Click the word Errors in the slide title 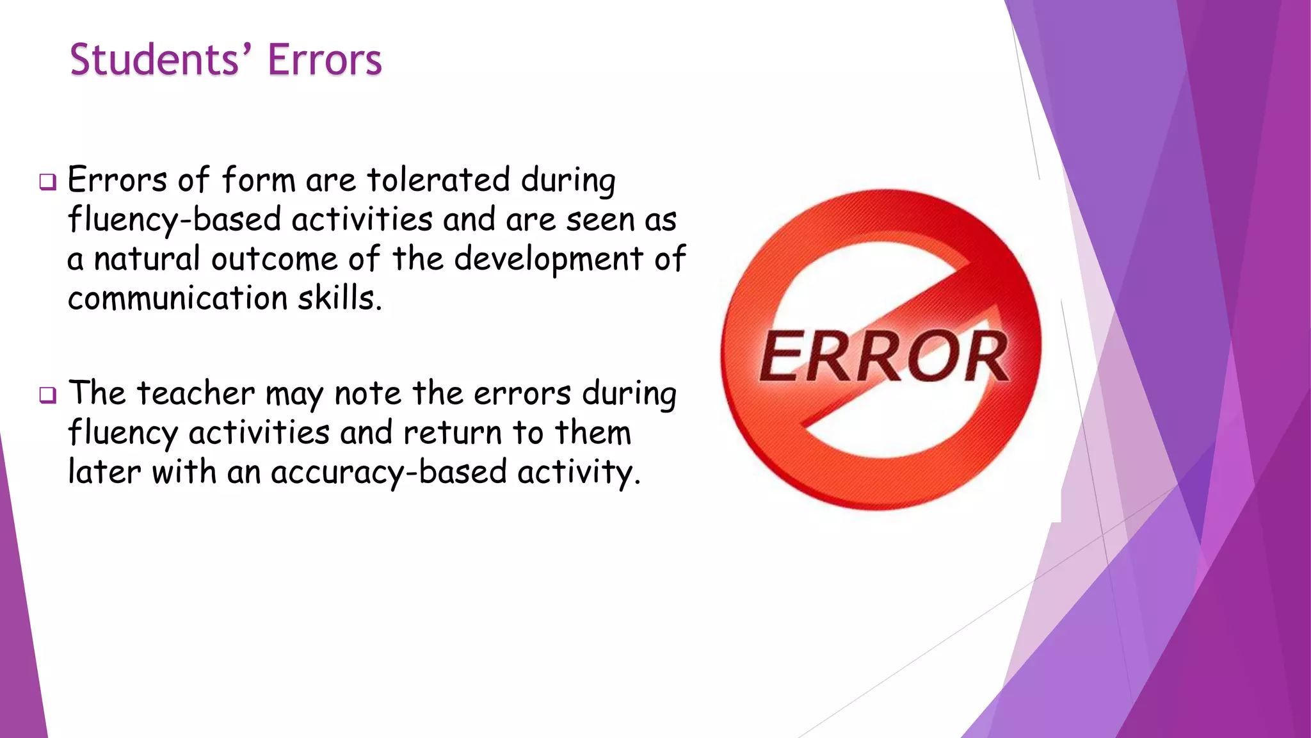(325, 60)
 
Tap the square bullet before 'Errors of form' (47, 182)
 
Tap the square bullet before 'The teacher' (47, 395)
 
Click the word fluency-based (175, 220)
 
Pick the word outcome (274, 259)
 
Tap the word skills (339, 299)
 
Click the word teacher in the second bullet (195, 393)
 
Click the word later (104, 472)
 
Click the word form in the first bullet (258, 180)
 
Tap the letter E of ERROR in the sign (783, 356)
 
